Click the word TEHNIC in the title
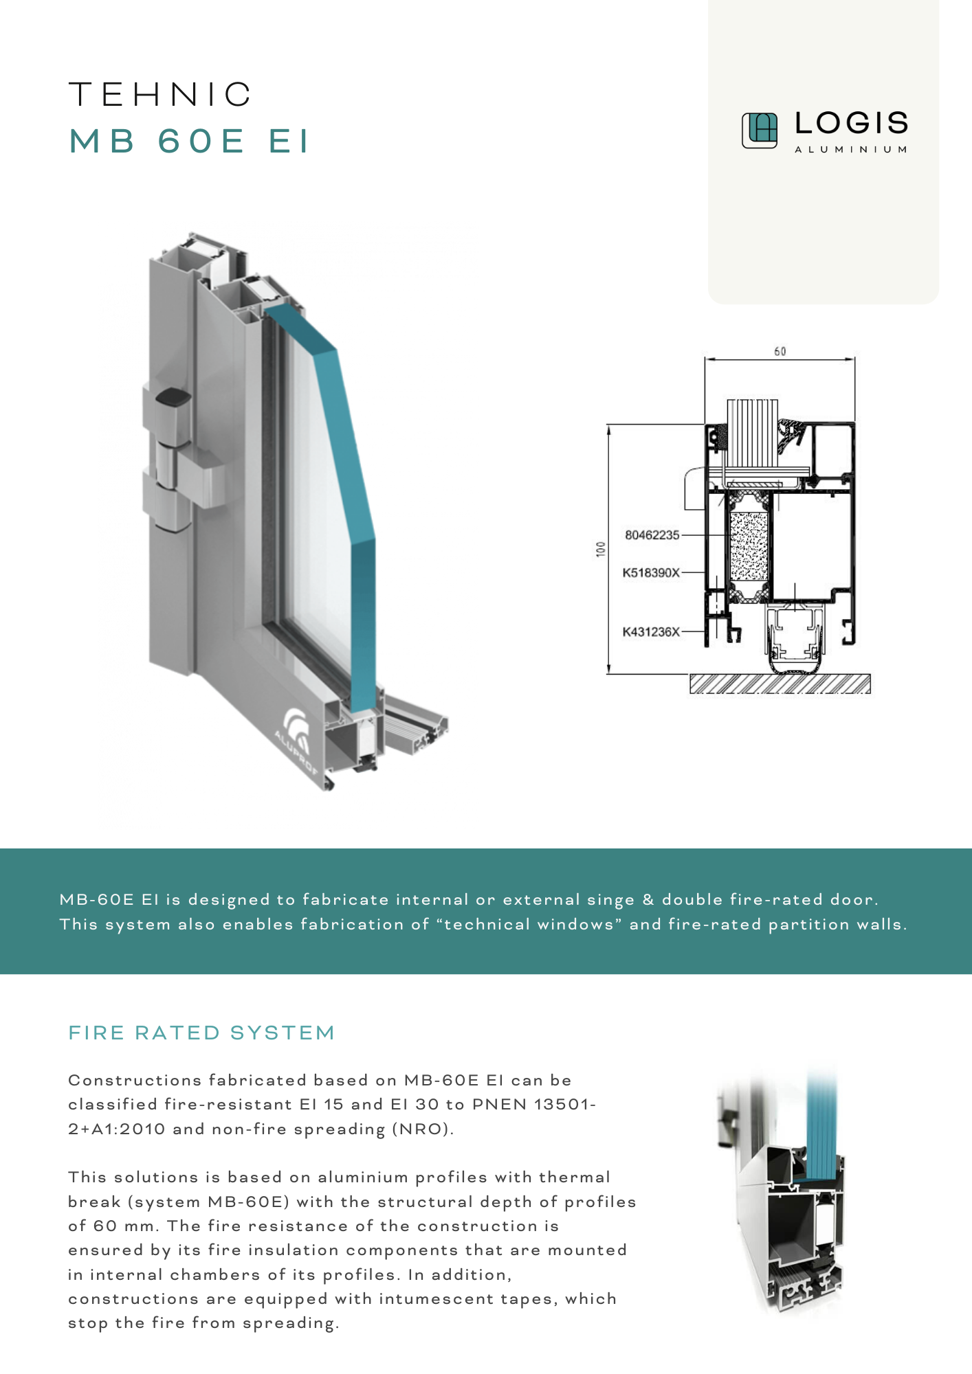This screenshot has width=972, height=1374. coord(161,95)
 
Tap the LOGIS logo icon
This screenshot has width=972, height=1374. coord(759,131)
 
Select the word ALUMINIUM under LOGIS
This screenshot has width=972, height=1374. coord(851,149)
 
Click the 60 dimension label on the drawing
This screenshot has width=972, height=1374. coord(780,351)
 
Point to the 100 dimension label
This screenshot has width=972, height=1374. coord(601,549)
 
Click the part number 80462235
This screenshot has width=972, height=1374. coord(652,534)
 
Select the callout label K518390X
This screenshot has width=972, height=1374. coord(651,572)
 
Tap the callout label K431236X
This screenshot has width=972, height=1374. coord(651,631)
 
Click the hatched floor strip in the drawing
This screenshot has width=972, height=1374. coord(780,684)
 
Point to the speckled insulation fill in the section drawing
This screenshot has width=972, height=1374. coord(748,547)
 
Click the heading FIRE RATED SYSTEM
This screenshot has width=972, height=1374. coord(201,1033)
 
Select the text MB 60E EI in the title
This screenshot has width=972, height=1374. coord(190,141)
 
